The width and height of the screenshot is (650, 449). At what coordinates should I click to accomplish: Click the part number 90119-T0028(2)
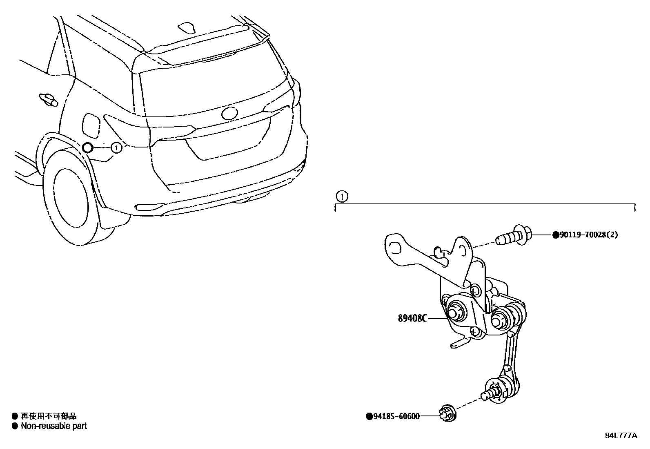(588, 235)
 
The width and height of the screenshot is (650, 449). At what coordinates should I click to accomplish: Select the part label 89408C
(412, 318)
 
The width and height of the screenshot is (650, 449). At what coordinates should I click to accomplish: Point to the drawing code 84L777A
(621, 436)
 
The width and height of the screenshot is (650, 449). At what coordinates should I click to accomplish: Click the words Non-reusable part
(54, 426)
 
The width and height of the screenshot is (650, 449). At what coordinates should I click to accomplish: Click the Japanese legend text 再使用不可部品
(49, 416)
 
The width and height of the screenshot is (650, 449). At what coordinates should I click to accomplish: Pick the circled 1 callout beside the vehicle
(116, 147)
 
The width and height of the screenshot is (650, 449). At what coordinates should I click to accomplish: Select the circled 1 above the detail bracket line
(341, 197)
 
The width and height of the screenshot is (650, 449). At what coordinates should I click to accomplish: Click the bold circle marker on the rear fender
(88, 148)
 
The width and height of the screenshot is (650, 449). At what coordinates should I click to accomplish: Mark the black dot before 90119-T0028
(555, 235)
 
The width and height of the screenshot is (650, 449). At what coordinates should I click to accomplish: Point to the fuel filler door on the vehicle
(90, 125)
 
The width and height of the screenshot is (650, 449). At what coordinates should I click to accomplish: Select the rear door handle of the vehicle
(48, 100)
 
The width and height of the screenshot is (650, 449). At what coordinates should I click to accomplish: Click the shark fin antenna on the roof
(188, 27)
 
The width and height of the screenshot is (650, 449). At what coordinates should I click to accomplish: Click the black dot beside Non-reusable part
(15, 426)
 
